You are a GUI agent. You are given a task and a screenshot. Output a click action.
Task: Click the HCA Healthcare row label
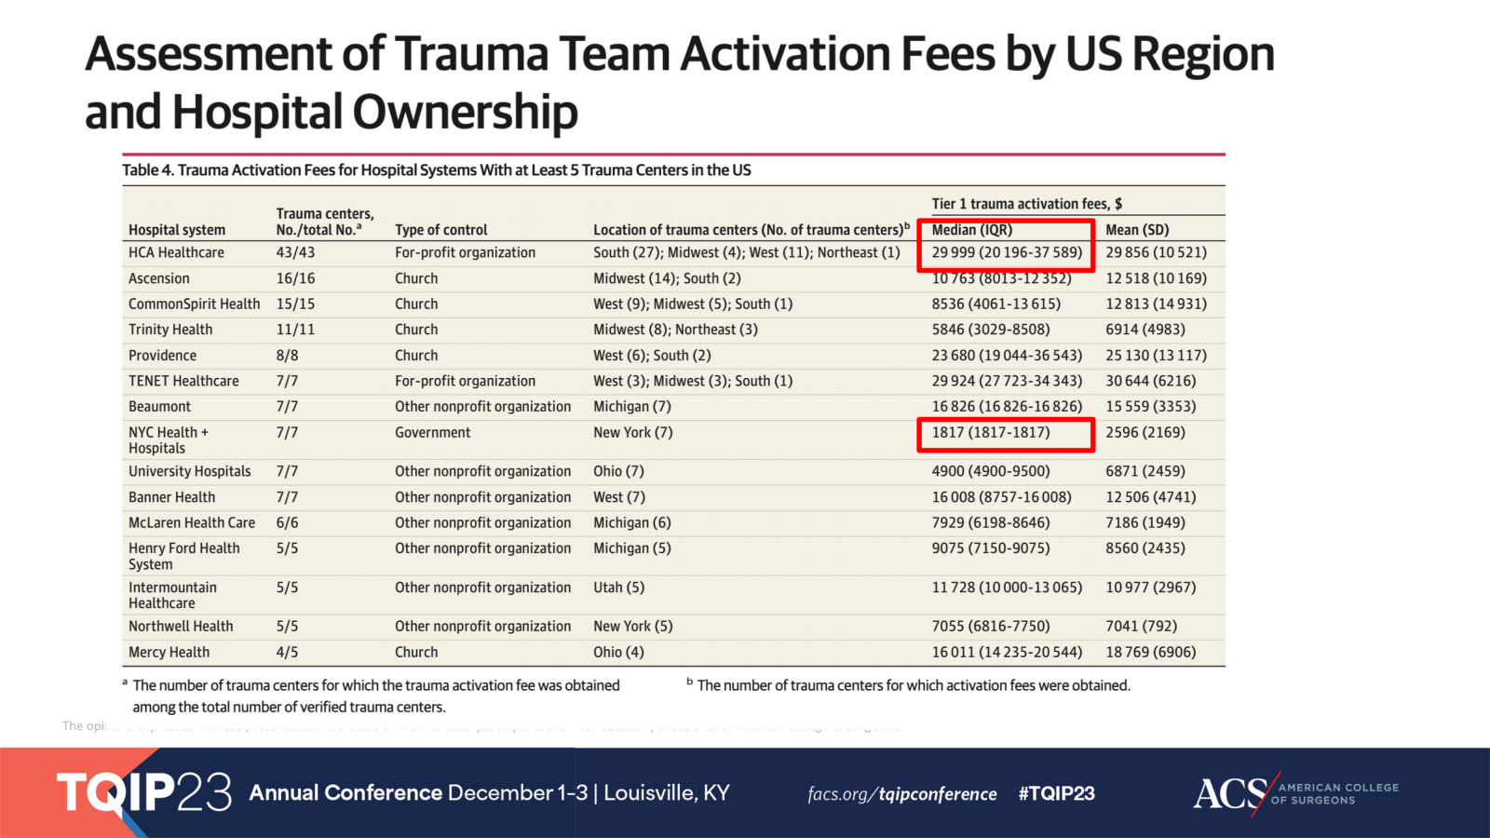click(x=176, y=252)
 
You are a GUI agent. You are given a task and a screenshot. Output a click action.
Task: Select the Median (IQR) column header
click(x=971, y=230)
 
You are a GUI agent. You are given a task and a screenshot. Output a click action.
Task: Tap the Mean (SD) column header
click(x=1137, y=230)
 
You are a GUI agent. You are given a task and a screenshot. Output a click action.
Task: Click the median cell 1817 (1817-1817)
click(x=990, y=432)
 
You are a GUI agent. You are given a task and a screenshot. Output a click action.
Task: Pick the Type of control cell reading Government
click(x=432, y=432)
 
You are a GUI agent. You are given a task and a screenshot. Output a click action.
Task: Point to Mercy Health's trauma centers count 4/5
click(x=287, y=652)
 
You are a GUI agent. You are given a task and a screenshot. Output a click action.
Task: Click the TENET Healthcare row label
click(x=183, y=381)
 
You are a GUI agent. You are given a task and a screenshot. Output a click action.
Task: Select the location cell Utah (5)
click(x=618, y=588)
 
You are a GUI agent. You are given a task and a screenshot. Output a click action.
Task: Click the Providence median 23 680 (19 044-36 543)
click(x=1007, y=356)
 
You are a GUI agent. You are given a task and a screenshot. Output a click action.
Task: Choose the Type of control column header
click(x=440, y=230)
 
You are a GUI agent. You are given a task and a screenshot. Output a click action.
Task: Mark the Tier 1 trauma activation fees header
click(x=1026, y=204)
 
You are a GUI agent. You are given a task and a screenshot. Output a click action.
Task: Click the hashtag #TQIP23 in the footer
click(x=1056, y=793)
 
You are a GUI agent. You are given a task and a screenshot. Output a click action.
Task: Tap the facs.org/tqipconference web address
click(x=901, y=794)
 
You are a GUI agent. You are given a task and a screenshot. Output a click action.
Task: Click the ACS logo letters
click(x=1230, y=794)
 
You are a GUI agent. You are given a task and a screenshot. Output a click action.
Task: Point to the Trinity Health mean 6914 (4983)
click(x=1145, y=330)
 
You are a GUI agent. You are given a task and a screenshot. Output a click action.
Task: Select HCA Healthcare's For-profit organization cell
click(x=465, y=252)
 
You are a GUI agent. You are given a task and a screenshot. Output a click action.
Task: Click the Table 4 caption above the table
click(x=436, y=170)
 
